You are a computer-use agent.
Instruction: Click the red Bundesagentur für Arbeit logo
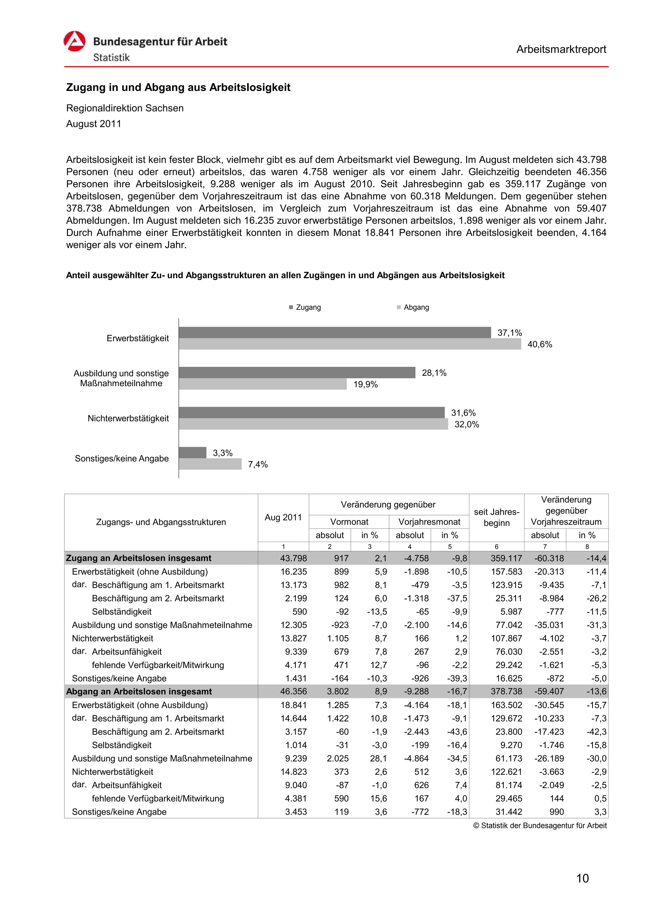click(74, 41)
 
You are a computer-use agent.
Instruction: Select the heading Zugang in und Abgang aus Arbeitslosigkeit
click(178, 87)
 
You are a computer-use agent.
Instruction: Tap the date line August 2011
click(93, 124)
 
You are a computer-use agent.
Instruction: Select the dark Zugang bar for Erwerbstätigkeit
click(335, 332)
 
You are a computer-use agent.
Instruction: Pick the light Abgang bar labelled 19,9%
click(263, 384)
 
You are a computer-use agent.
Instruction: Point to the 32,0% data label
click(467, 424)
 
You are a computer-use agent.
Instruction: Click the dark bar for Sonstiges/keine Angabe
click(192, 453)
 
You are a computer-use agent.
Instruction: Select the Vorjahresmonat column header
click(429, 522)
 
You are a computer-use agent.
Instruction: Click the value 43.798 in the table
click(293, 558)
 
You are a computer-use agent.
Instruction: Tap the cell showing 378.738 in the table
click(506, 691)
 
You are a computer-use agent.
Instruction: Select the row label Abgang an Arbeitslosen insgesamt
click(139, 691)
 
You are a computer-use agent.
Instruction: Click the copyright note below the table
click(540, 825)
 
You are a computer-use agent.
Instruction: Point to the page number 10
click(582, 878)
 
